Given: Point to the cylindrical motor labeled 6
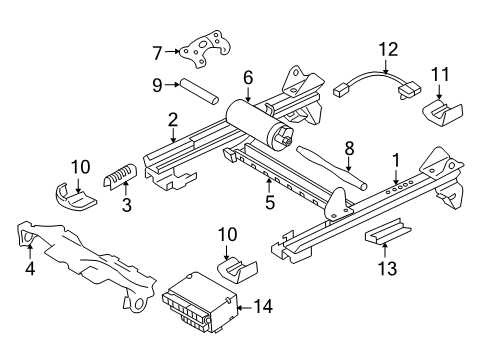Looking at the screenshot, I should (262, 120).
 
